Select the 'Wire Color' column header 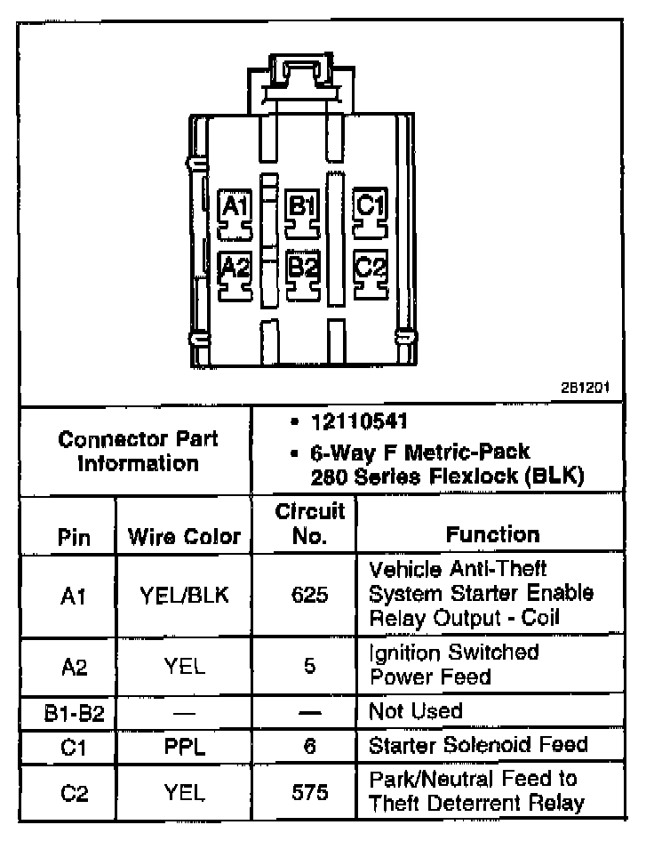(184, 536)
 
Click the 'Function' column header (492, 534)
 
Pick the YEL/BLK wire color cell (184, 595)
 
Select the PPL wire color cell (184, 745)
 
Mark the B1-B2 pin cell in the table (68, 712)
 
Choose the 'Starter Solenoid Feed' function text (478, 744)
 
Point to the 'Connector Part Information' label (137, 451)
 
